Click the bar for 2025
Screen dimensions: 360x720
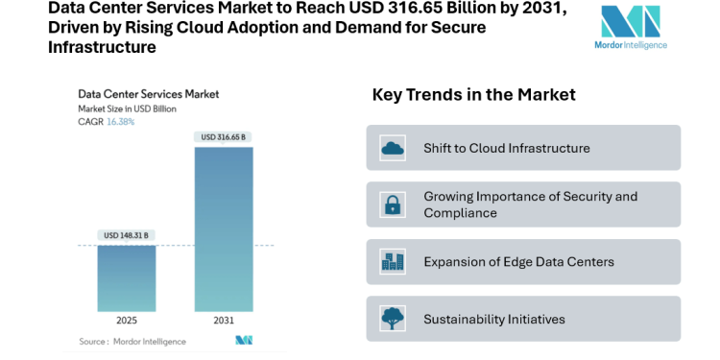(127, 277)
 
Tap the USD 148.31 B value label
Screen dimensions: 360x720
(127, 235)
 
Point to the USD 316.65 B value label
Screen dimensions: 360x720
(224, 137)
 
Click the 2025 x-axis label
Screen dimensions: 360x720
(127, 320)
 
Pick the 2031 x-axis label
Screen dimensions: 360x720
(224, 320)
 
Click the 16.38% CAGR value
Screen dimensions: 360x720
(120, 122)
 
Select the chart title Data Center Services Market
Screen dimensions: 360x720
(148, 94)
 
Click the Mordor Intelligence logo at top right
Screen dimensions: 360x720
(631, 27)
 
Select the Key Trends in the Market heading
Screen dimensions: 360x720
(473, 94)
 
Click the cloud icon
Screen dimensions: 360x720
(393, 148)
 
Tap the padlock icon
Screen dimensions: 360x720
(393, 204)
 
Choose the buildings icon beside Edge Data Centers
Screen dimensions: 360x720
(393, 261)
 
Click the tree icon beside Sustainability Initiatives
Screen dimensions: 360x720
(393, 319)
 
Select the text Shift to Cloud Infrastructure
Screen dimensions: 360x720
(507, 148)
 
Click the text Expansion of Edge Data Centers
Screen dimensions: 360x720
(518, 262)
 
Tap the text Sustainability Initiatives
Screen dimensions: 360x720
(494, 319)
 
